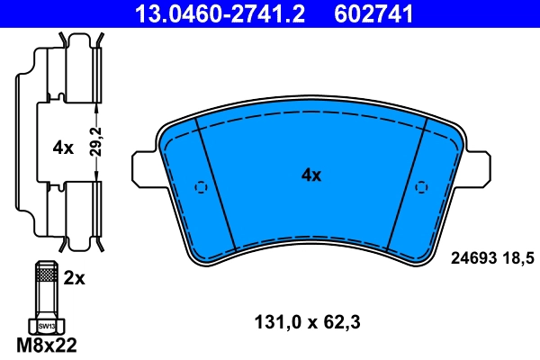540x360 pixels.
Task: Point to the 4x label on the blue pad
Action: click(310, 176)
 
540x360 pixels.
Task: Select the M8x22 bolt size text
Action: click(48, 346)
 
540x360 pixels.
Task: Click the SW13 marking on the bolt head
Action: click(47, 326)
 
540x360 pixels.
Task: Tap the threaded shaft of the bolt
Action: click(47, 292)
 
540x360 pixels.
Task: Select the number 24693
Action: click(472, 256)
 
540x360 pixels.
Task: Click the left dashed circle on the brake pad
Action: click(202, 187)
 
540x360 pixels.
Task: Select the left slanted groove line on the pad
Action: click(216, 184)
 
